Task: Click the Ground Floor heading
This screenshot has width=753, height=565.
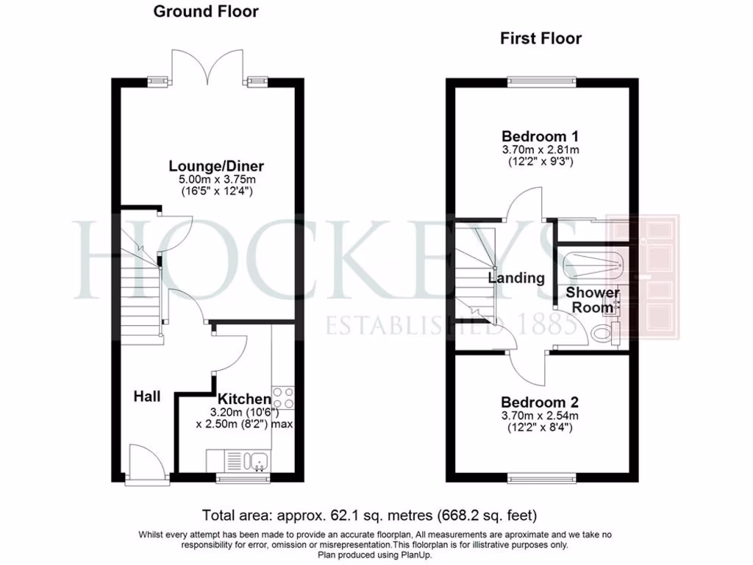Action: pos(206,12)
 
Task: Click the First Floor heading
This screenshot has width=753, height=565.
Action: pos(540,38)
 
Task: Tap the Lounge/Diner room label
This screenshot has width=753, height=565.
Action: pos(215,166)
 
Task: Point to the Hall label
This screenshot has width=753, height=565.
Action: pos(147,397)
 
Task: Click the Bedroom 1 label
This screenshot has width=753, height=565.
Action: pos(540,136)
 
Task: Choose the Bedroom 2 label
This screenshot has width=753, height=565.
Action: pos(540,402)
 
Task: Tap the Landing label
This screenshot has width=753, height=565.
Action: pos(516,278)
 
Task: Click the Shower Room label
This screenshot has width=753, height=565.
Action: pos(593,300)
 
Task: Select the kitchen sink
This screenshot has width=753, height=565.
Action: pos(257,461)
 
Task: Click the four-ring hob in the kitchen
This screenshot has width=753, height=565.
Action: pos(283,398)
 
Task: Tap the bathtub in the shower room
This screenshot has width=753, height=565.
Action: pos(592,265)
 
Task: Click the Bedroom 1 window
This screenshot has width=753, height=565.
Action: pos(540,81)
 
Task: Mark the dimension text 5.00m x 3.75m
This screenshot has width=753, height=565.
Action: pos(215,180)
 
